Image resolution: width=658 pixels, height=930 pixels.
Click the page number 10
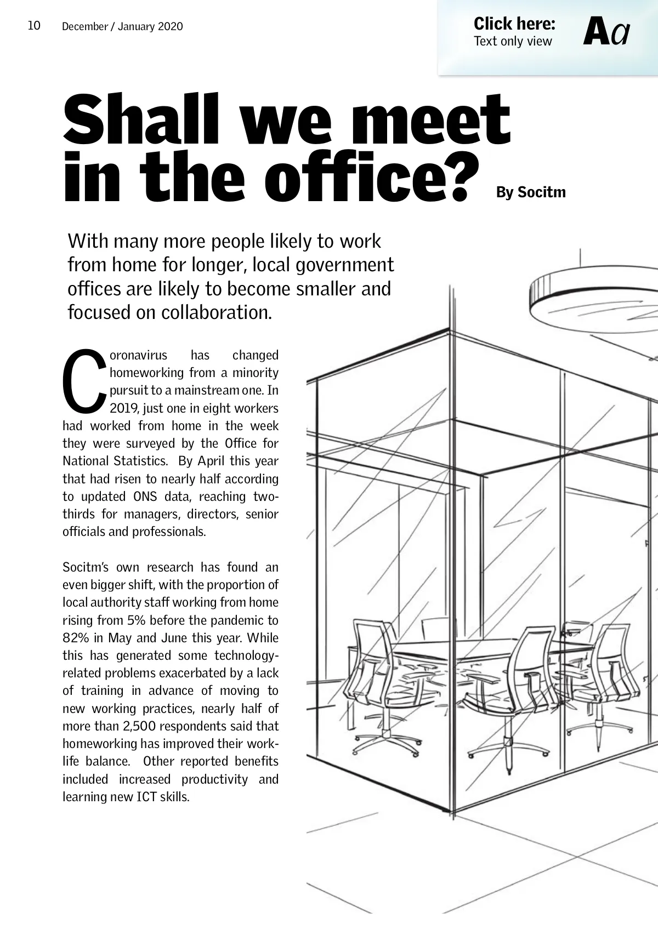(34, 26)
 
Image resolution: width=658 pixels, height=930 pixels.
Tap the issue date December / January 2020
(122, 26)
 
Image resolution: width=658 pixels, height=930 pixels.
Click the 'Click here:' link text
(514, 24)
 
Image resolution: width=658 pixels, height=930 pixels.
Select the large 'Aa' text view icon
(606, 32)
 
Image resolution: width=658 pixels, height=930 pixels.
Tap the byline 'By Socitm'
(530, 192)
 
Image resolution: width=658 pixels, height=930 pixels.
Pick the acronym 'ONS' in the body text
(145, 497)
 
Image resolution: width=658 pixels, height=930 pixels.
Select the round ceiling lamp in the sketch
(592, 299)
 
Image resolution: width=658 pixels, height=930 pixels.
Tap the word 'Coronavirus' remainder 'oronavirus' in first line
(139, 355)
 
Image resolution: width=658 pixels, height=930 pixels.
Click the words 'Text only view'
(513, 42)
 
